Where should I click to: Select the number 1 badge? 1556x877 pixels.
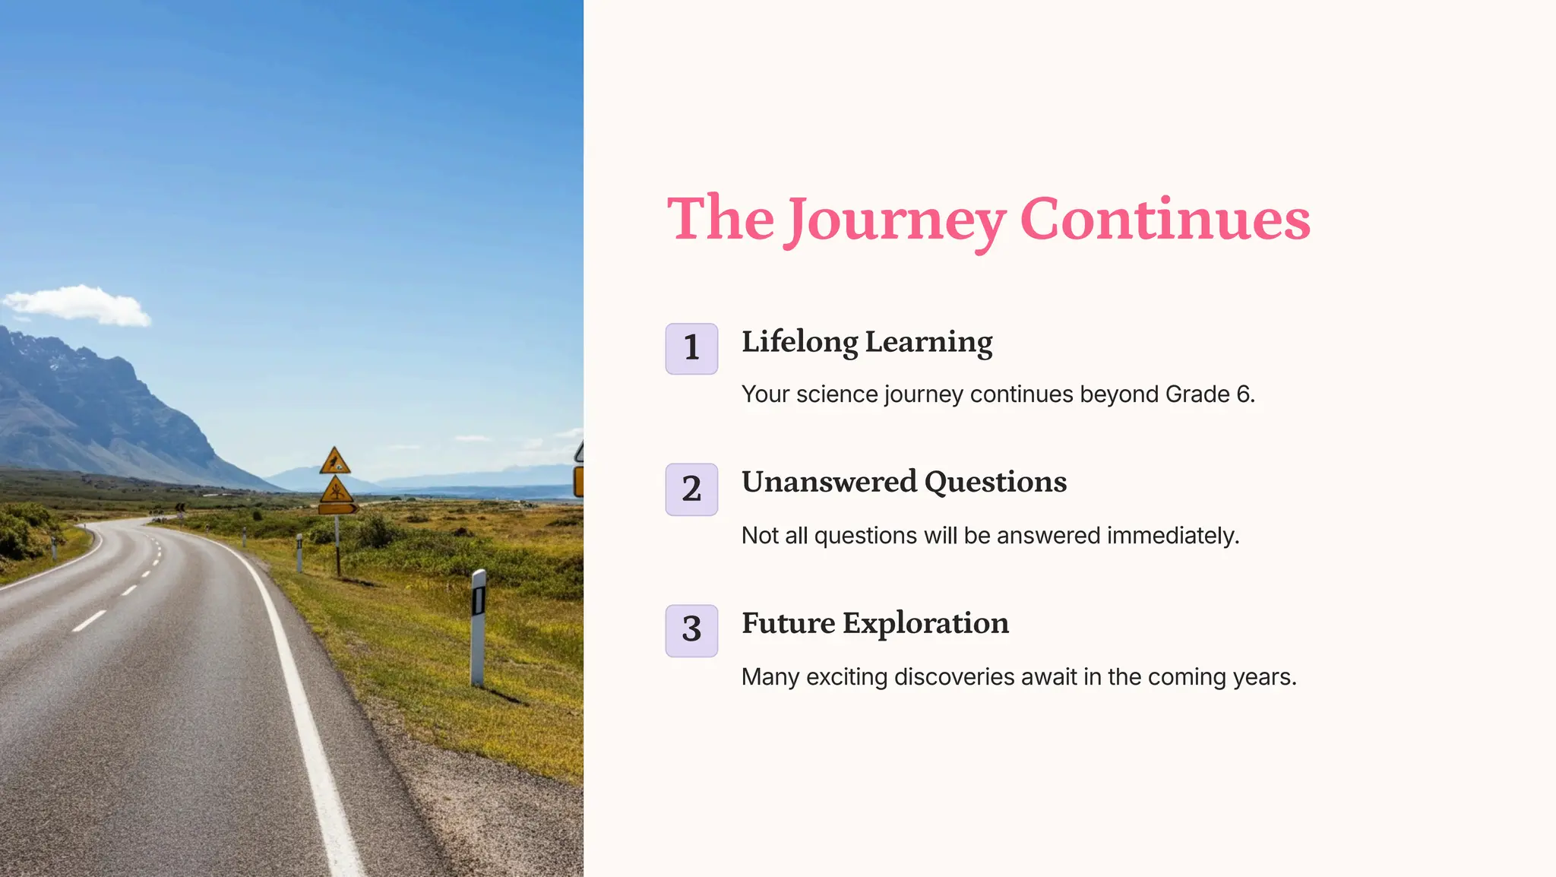click(x=691, y=348)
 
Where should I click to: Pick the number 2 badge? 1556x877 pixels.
click(x=691, y=489)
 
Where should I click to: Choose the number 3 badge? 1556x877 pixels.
click(x=691, y=630)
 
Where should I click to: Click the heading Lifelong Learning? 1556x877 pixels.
click(x=867, y=342)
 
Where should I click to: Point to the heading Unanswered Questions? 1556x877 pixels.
click(x=904, y=482)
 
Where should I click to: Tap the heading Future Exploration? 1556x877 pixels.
click(x=875, y=623)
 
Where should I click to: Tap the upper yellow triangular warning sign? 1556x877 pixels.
click(x=334, y=462)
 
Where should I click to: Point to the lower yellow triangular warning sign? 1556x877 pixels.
click(x=336, y=490)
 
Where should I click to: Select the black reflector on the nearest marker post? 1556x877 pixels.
click(x=478, y=600)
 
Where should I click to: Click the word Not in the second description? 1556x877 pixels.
click(x=759, y=536)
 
